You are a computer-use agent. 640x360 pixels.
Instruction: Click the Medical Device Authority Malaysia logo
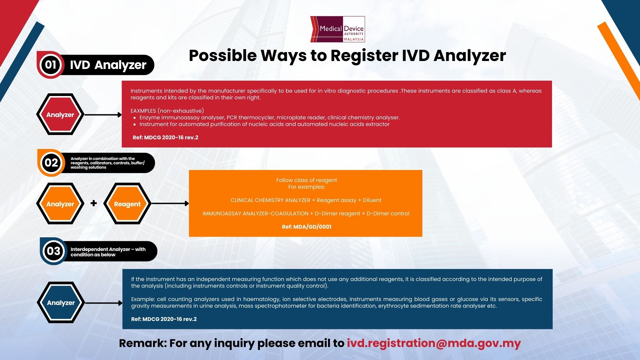337,29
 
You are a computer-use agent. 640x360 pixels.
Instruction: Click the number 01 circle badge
51,65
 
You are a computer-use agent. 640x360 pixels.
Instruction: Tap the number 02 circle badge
51,163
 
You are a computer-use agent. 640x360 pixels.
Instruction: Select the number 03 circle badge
54,251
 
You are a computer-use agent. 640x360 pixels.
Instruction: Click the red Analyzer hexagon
60,114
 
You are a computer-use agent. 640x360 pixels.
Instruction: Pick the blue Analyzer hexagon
61,303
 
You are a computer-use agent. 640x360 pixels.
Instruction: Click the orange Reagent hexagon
127,204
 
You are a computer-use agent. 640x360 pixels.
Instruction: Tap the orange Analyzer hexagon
60,204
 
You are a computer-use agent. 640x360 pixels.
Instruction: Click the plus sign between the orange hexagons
94,203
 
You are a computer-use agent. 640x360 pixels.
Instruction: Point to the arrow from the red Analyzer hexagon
103,115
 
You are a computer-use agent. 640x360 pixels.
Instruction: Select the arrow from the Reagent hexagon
170,203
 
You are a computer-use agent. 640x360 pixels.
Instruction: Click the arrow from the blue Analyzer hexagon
104,303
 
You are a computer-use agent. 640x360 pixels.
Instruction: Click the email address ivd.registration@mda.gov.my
434,343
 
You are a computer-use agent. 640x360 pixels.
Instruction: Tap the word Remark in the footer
143,343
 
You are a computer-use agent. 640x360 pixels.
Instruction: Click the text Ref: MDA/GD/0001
307,227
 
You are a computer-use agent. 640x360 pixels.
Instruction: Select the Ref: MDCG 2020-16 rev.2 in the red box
165,137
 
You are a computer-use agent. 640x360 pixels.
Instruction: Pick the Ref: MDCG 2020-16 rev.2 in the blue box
164,319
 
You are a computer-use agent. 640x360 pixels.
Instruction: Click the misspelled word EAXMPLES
143,111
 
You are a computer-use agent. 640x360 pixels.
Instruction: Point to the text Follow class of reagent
307,180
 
